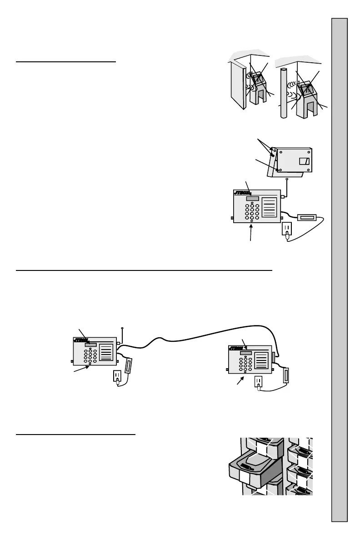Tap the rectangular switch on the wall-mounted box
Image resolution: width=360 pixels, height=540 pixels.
304,161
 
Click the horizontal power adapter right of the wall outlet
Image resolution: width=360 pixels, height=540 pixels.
308,218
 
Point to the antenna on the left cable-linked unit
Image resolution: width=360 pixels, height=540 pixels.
122,334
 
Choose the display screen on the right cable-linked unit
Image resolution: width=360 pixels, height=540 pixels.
246,354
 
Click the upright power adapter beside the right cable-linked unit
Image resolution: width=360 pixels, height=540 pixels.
286,375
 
